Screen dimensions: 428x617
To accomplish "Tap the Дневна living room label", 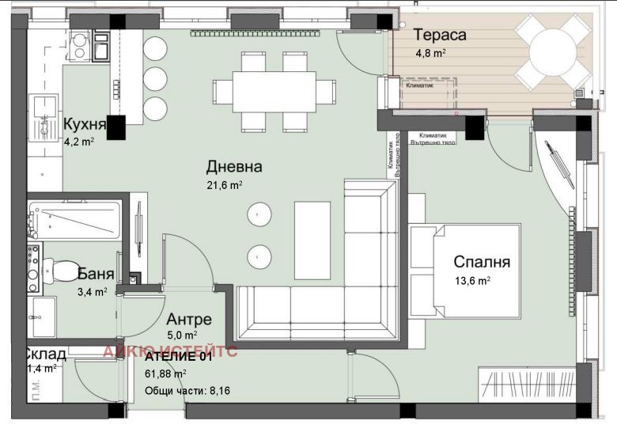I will [233, 167].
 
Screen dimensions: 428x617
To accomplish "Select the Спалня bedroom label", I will [481, 263].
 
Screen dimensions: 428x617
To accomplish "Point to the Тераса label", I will [440, 35].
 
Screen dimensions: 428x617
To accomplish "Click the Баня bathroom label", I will [96, 275].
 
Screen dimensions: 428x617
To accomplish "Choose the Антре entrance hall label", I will [188, 320].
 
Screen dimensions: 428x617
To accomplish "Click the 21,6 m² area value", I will [225, 185].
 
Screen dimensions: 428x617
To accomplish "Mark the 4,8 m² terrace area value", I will [430, 54].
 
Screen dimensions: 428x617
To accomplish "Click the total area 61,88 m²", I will [165, 373].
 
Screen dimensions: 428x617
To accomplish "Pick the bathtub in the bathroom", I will [74, 220].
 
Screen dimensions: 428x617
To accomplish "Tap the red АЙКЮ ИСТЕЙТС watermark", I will [170, 352].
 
